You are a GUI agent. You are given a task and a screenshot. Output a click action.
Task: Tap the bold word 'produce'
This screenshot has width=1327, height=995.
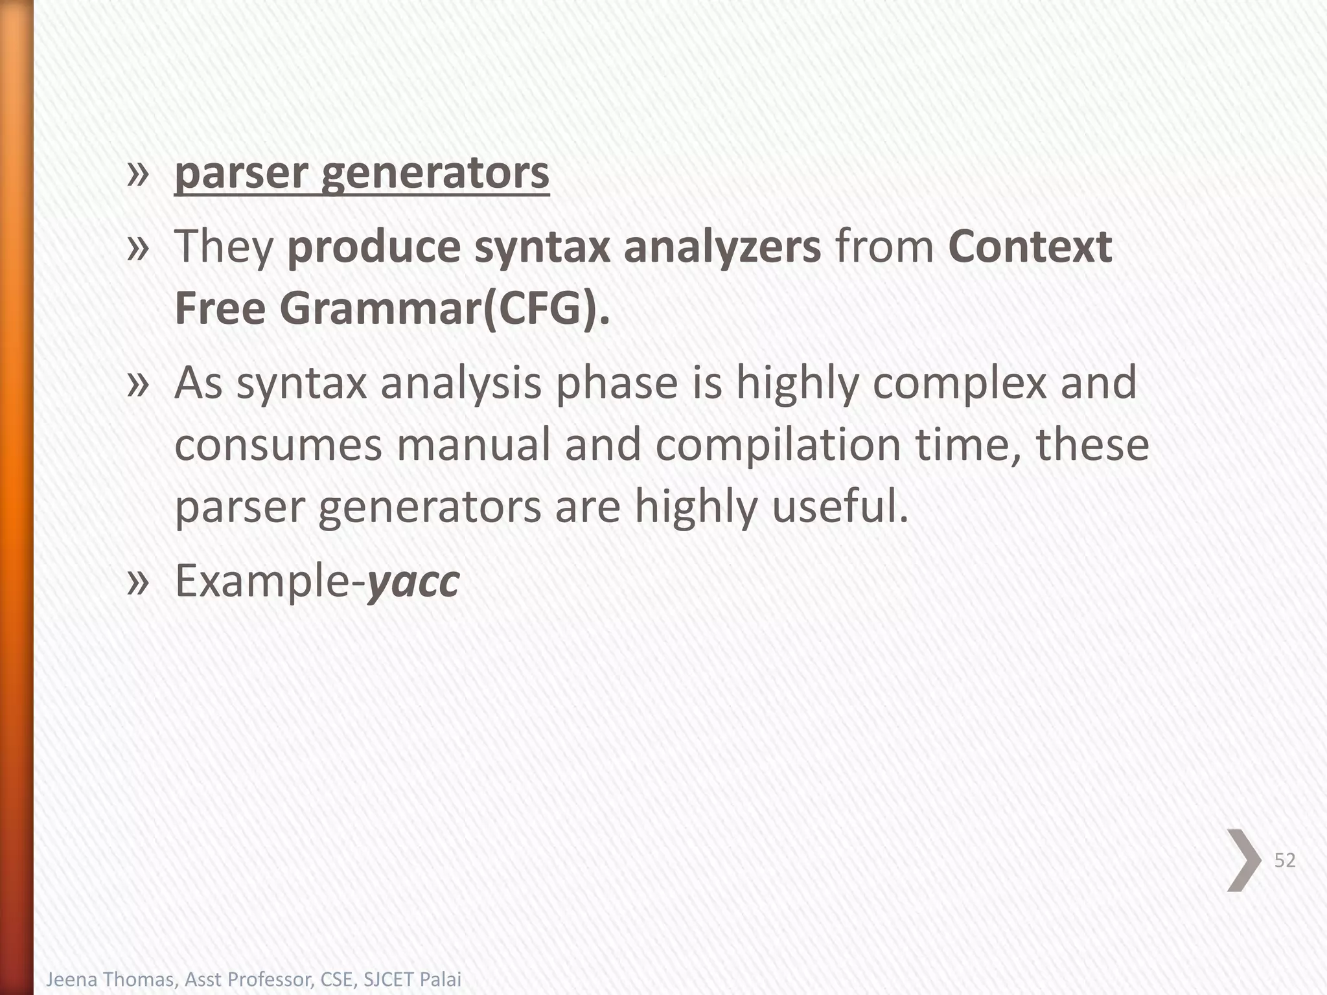pos(374,247)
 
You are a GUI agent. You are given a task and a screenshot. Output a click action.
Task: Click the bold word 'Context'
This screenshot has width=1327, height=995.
pos(1030,247)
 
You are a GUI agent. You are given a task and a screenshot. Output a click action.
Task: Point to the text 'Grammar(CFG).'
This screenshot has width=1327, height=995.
pos(444,309)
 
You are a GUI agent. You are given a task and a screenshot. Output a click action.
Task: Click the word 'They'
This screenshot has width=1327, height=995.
pos(225,247)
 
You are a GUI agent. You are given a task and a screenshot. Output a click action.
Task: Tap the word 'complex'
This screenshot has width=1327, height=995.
pos(960,383)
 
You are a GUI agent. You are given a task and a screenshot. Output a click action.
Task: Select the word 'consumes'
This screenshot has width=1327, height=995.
pos(279,445)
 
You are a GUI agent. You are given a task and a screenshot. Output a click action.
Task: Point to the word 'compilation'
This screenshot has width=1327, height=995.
pos(778,445)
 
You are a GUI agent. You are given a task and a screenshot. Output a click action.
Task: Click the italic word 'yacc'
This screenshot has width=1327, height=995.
pos(413,581)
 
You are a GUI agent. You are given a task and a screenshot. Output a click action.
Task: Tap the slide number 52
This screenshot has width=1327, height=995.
pos(1285,860)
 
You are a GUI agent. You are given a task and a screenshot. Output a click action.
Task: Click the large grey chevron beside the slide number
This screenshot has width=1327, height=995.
pos(1243,860)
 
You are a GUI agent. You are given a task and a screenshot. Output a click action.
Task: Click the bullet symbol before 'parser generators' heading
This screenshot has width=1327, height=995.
pos(138,174)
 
